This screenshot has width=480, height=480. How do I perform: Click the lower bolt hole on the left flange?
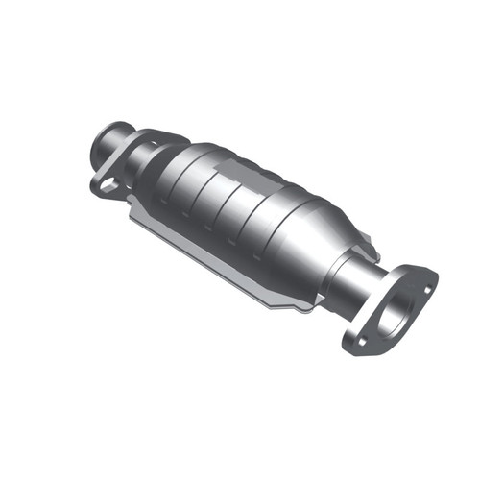pyautogui.click(x=107, y=183)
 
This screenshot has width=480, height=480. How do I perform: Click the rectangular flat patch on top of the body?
pyautogui.click(x=241, y=172)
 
